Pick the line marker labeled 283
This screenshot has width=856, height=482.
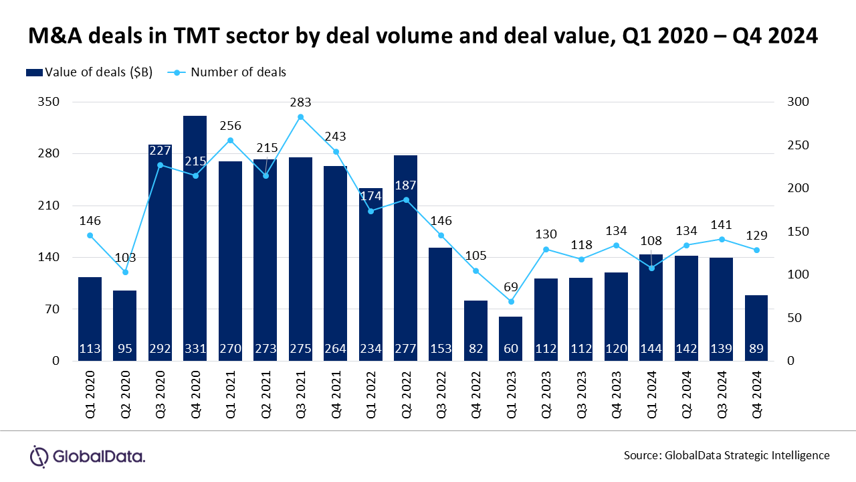(x=300, y=117)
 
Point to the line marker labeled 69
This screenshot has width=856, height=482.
(x=511, y=301)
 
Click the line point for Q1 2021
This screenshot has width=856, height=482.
(x=230, y=141)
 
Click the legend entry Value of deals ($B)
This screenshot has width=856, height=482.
(x=98, y=72)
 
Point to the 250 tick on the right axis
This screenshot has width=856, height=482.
(x=798, y=145)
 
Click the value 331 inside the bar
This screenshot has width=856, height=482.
(x=195, y=348)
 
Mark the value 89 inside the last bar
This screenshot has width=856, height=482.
(x=756, y=348)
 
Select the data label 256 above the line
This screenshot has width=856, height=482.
(x=230, y=126)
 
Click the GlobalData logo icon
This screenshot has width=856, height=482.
(x=40, y=457)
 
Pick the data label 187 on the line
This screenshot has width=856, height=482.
(x=405, y=185)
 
